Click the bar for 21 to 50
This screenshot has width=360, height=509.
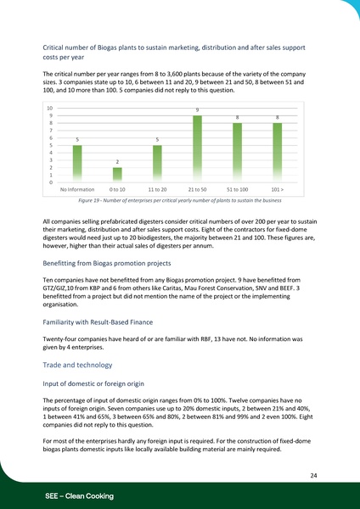tap(197, 148)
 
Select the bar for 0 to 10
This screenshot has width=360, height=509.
tap(117, 175)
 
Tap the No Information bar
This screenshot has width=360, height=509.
tap(77, 164)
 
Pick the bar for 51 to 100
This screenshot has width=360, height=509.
tap(237, 153)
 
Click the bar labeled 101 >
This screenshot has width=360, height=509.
tap(277, 153)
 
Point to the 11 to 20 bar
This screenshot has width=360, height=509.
tap(157, 164)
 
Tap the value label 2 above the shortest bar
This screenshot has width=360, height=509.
tap(117, 162)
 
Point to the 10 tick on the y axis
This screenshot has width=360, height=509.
tap(50, 109)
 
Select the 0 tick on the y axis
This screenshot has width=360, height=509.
tap(52, 182)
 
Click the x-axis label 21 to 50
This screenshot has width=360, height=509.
tap(197, 190)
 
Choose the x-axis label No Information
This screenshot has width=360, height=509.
tap(77, 190)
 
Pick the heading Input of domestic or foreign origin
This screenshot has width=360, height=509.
tap(95, 383)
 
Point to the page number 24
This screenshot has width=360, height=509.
tap(313, 477)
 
